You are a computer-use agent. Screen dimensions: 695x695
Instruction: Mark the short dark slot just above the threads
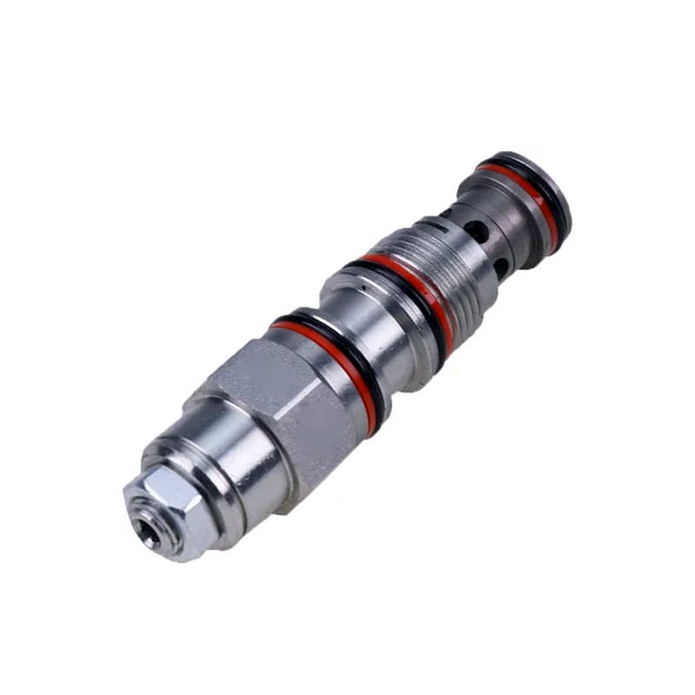pyautogui.click(x=445, y=212)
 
